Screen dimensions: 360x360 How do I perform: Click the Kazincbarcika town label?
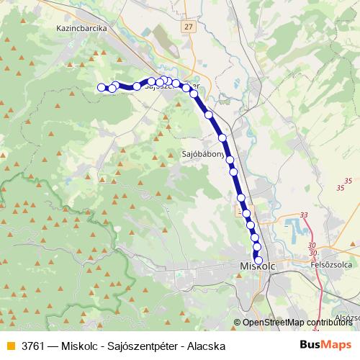coord(81,29)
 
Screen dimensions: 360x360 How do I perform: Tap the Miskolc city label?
coord(253,267)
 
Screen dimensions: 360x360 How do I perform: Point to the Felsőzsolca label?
coord(329,265)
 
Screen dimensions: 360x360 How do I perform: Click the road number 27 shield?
coord(189,27)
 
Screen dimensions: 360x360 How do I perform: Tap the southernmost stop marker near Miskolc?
coord(259,261)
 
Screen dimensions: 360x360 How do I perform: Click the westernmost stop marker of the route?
coord(101,88)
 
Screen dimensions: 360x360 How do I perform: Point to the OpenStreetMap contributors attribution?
coord(297,323)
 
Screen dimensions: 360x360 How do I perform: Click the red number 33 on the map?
coord(304,215)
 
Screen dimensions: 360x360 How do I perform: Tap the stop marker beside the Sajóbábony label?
coord(230,160)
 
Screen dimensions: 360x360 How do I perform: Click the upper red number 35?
coord(349,179)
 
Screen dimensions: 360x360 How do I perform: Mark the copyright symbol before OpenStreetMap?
coord(237,323)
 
